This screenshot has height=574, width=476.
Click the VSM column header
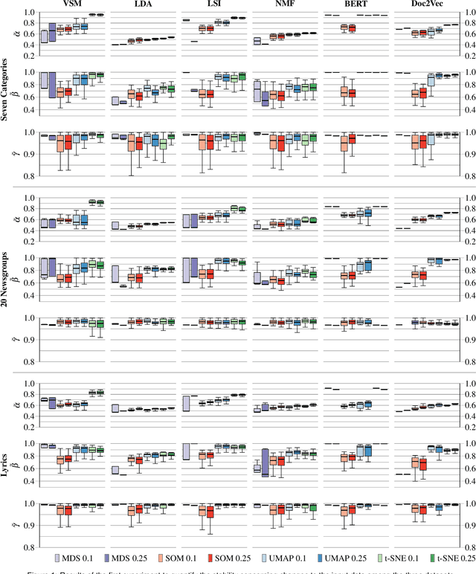coord(74,4)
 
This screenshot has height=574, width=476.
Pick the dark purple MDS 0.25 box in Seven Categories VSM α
coord(52,33)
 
